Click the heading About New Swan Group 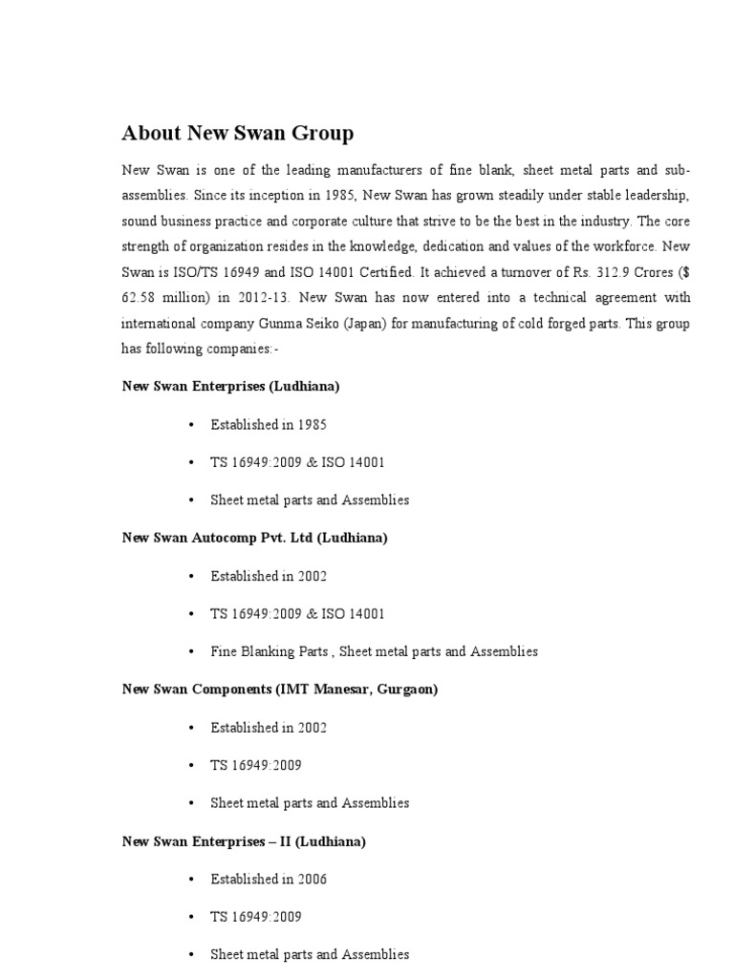(237, 133)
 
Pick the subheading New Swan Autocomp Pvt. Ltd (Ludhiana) (255, 538)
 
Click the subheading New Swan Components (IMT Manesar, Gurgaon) (280, 689)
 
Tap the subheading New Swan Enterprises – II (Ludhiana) (244, 841)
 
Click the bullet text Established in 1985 (269, 424)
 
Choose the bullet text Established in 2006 (269, 879)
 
